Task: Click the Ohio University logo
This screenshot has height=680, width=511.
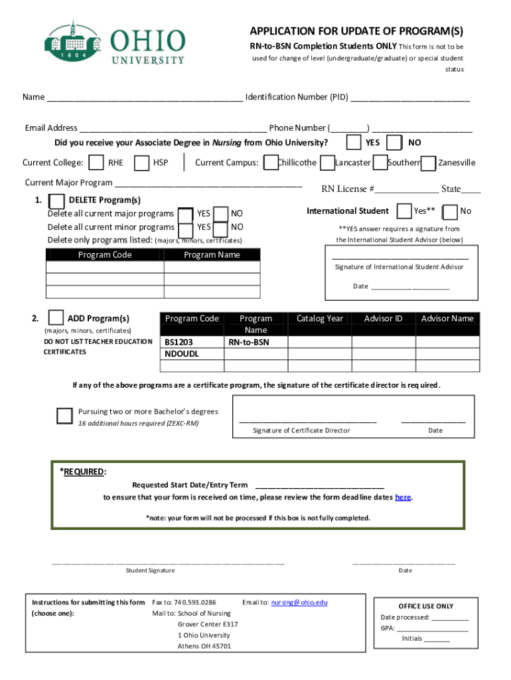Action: (115, 42)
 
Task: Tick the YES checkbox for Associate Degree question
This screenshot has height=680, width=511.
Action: (354, 143)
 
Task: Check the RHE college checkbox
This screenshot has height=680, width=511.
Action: (97, 163)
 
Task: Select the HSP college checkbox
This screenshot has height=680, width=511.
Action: (141, 163)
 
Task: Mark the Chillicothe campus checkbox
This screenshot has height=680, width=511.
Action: (271, 163)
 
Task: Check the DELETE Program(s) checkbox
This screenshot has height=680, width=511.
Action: (58, 201)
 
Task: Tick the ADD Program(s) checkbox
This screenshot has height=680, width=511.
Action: (57, 318)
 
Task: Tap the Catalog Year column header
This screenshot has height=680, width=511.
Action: (320, 319)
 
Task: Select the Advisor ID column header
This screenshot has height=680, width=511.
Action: (384, 319)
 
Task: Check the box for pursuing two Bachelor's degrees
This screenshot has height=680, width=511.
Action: (64, 416)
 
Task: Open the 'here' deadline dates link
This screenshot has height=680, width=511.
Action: (403, 497)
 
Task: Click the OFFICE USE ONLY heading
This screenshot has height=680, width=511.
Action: (426, 606)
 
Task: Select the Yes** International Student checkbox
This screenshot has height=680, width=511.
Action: (403, 211)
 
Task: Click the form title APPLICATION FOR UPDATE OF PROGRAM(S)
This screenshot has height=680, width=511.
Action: (356, 32)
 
